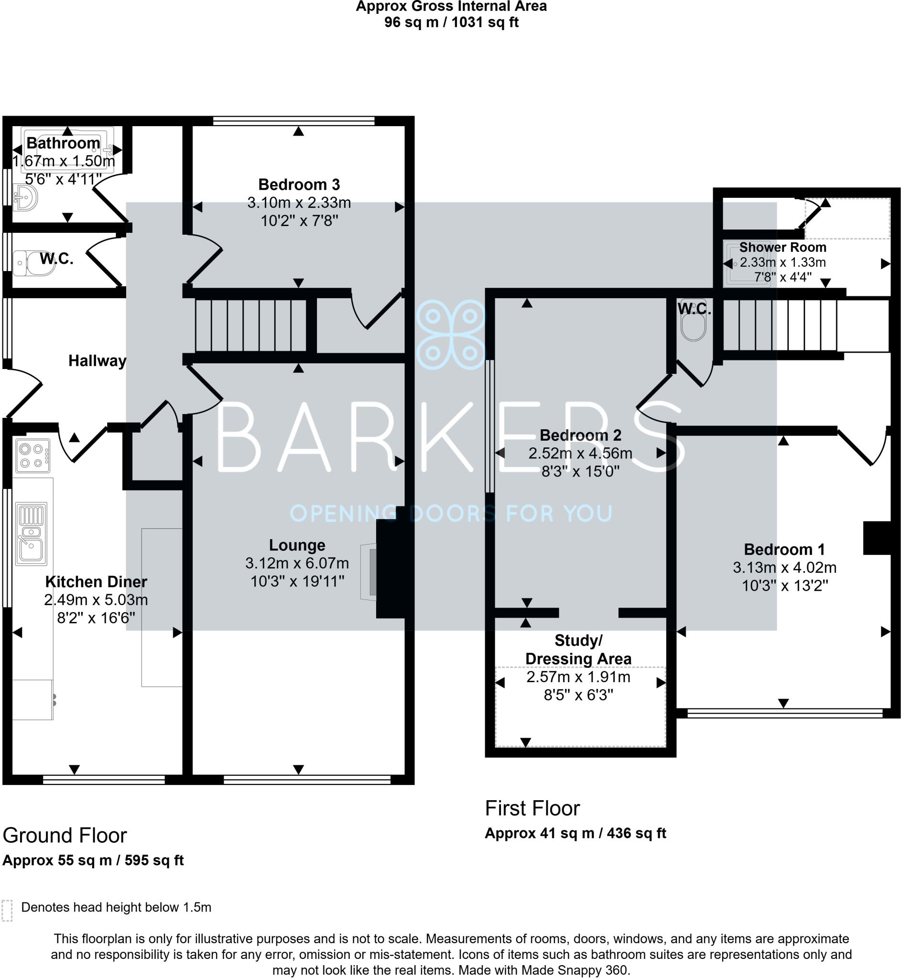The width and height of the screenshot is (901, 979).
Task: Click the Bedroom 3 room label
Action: click(x=298, y=185)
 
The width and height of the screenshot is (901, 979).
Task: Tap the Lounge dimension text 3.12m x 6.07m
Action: click(x=297, y=564)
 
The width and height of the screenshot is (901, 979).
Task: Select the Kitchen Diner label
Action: click(x=96, y=582)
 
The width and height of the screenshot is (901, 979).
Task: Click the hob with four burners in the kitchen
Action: click(x=32, y=456)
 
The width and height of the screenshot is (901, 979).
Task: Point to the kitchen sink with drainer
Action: click(x=31, y=533)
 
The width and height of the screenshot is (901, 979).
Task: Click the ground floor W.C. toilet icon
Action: click(x=32, y=263)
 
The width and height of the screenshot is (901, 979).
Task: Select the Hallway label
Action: click(x=97, y=361)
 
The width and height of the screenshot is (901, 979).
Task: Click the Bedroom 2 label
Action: click(x=580, y=435)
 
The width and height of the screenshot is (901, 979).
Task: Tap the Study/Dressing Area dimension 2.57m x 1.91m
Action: click(x=578, y=677)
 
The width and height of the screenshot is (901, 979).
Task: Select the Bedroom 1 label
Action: click(x=784, y=549)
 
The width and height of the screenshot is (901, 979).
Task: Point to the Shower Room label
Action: click(x=782, y=247)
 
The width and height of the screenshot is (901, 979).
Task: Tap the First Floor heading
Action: click(x=532, y=808)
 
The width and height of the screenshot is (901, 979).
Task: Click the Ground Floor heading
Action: click(x=65, y=835)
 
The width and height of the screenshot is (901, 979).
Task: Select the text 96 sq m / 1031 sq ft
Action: click(x=451, y=22)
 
